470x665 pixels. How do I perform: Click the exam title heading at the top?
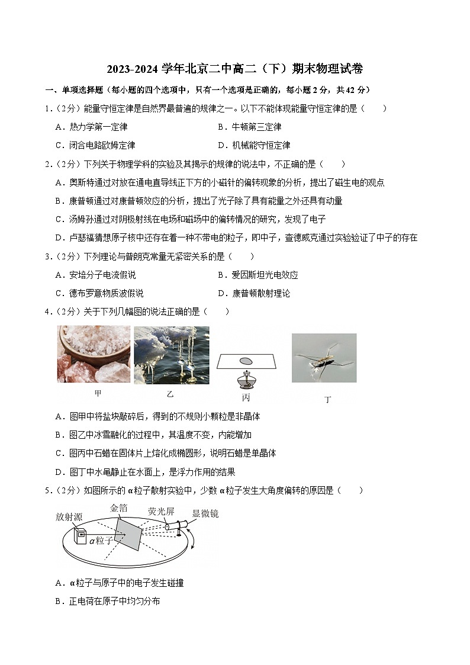point(235,69)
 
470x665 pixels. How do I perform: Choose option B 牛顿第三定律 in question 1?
point(249,127)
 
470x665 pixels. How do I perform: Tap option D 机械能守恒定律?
point(254,145)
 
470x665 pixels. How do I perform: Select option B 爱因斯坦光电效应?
point(257,275)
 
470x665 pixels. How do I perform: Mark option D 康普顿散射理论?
point(254,293)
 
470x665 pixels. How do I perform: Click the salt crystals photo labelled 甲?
point(94,354)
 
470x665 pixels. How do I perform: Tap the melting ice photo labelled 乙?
point(171,355)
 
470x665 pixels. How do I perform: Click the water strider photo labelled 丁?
point(324,357)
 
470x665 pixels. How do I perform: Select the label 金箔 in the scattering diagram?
point(119,508)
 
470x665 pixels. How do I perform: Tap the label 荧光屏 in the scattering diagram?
point(160,511)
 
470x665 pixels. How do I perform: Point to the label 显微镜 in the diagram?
point(205,513)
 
